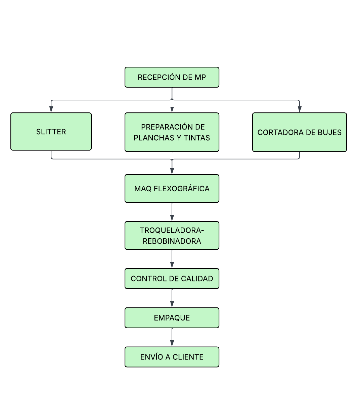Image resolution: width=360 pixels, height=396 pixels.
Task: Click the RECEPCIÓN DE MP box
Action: coord(172,77)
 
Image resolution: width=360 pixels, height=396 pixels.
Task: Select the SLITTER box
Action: coord(51,132)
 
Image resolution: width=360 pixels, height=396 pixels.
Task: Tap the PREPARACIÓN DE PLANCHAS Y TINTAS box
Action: coord(172,132)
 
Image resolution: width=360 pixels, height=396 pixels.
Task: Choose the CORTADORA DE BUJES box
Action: coord(300,132)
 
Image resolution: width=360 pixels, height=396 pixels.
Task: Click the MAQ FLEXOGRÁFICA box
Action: coord(172,188)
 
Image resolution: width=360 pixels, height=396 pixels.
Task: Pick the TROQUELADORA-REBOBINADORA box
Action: coord(172,235)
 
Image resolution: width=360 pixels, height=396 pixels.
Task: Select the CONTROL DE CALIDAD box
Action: coord(172,279)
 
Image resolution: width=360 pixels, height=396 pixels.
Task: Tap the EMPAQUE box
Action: coord(172,318)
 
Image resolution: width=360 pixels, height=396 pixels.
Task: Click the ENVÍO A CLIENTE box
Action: coord(172,357)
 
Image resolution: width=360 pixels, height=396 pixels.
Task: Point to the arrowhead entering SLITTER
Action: coord(51,109)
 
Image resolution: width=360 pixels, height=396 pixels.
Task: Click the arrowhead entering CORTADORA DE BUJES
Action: coord(300,109)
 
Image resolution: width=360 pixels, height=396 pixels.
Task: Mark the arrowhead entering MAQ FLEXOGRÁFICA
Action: coord(172,171)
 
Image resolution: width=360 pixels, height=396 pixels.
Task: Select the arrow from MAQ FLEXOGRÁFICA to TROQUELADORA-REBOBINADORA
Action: coord(172,212)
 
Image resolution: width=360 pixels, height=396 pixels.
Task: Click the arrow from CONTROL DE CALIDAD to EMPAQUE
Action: coord(172,298)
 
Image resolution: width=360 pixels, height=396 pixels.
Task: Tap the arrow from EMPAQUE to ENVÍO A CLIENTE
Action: coord(172,337)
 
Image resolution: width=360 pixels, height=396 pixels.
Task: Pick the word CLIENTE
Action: coord(188,357)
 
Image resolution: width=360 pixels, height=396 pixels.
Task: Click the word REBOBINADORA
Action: coord(172,241)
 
